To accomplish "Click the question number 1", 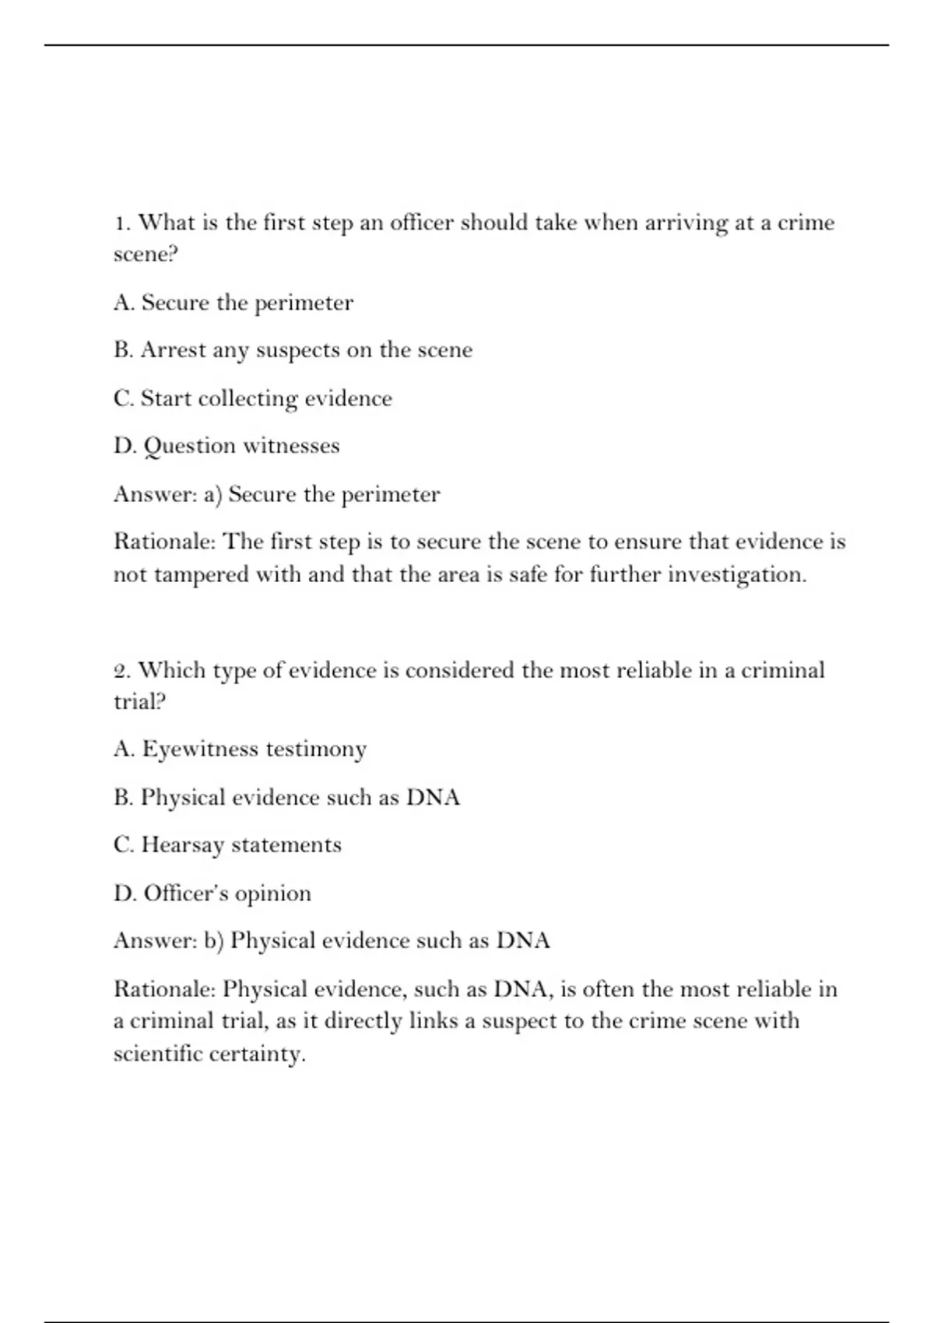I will pos(121,223).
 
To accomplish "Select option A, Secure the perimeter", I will pos(233,303).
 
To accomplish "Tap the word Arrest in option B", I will pos(174,350).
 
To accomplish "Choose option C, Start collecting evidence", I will pos(252,398).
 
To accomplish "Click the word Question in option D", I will pos(189,446).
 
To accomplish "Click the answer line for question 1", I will pos(276,494).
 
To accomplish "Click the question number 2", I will pos(121,671).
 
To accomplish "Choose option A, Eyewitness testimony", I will pos(240,749).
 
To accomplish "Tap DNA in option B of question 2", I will pos(433,798).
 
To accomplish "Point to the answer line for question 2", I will pos(332,941).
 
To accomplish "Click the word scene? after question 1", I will pos(146,254).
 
